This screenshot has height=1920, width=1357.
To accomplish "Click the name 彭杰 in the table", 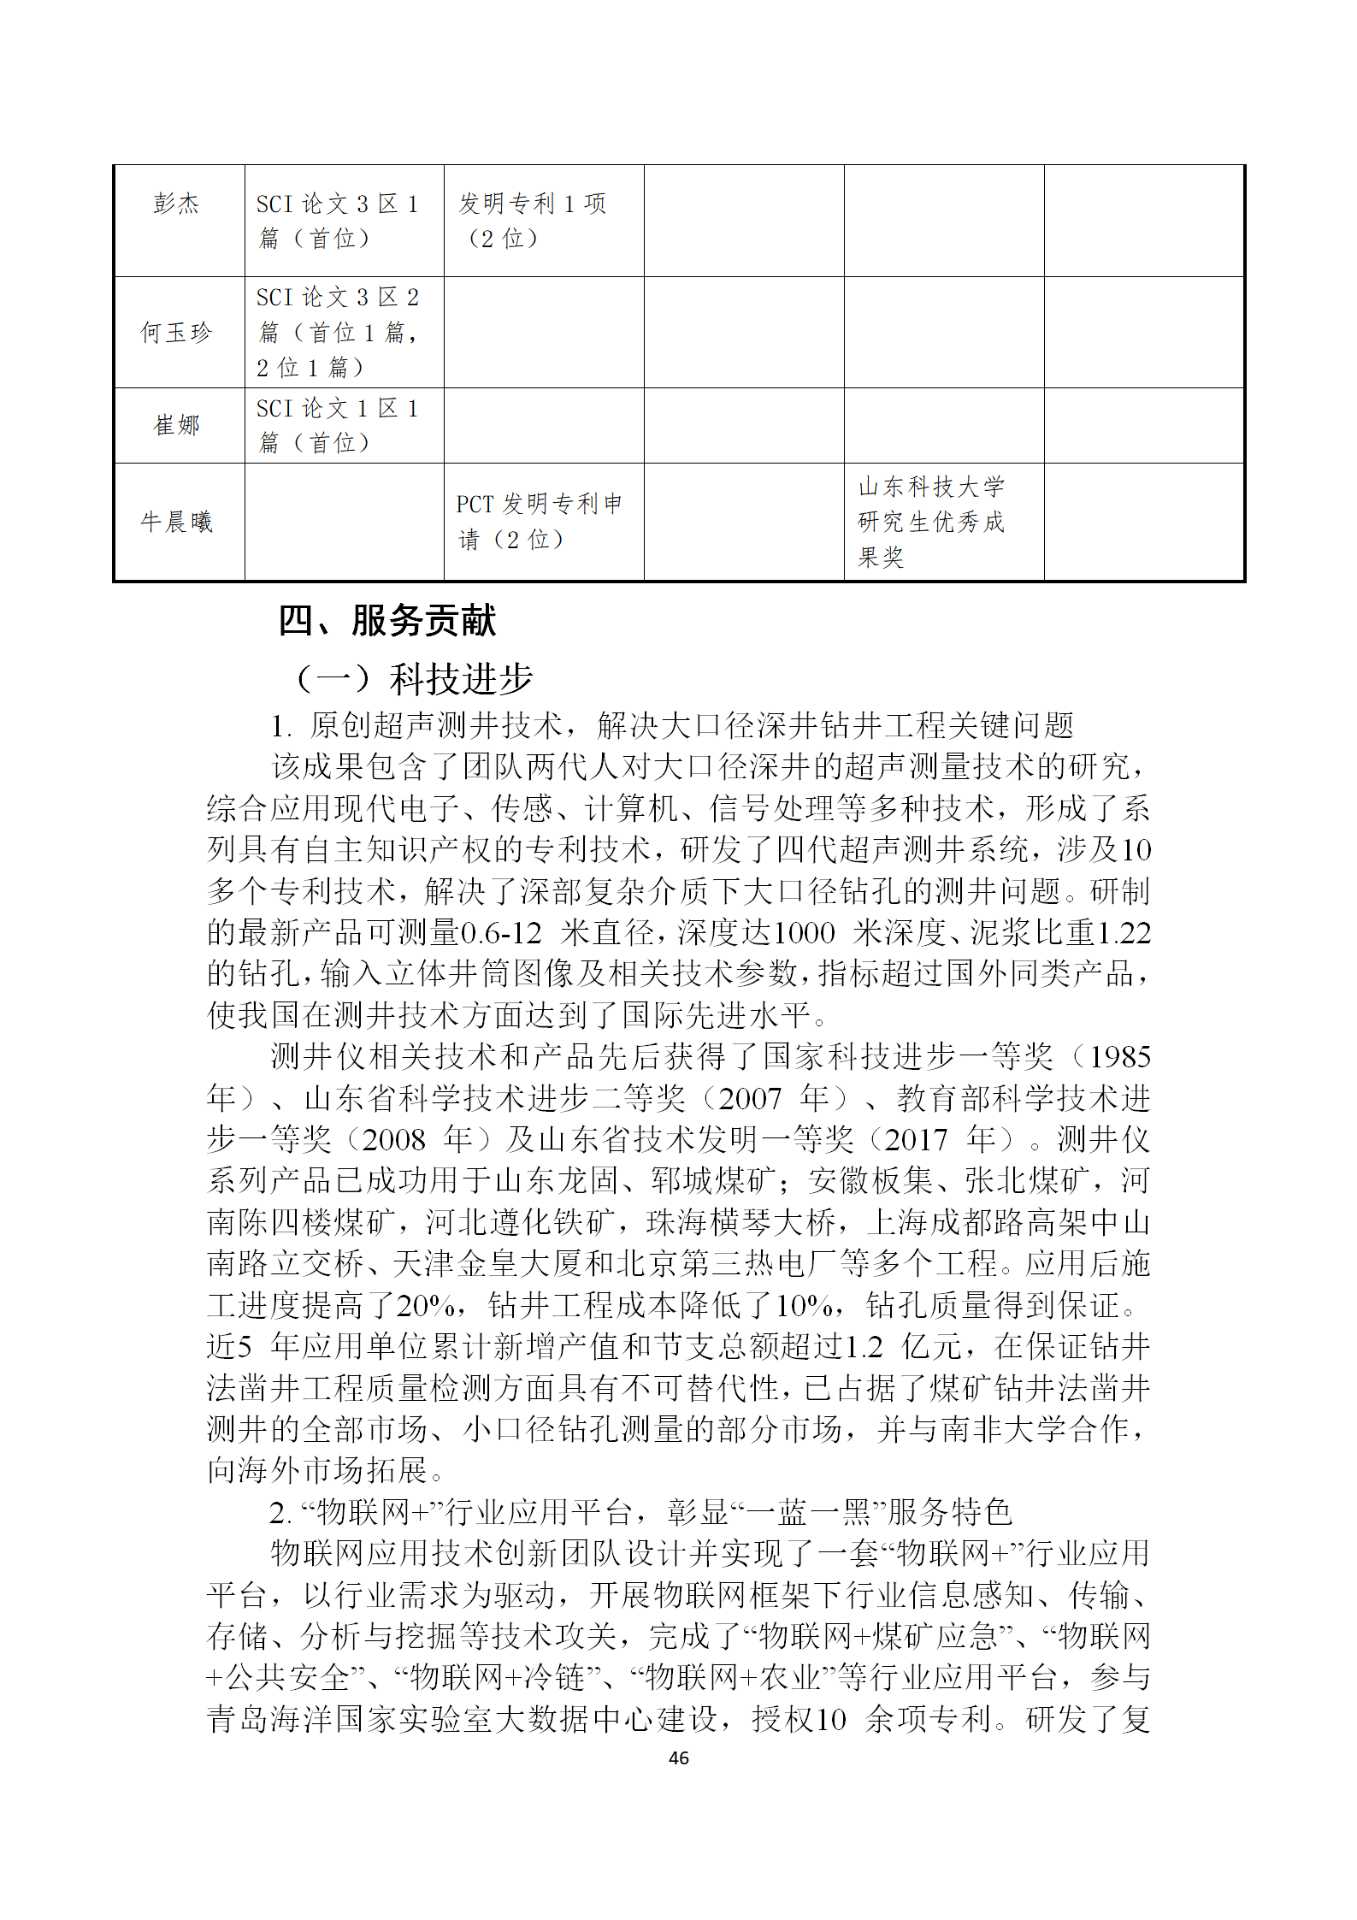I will tap(176, 204).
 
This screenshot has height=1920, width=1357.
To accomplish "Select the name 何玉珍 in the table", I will tap(176, 332).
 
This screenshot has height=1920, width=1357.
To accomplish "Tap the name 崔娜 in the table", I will tap(176, 425).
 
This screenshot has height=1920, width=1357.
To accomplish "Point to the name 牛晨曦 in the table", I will tap(176, 522).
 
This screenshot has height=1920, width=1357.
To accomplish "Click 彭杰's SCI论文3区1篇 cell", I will tap(338, 221).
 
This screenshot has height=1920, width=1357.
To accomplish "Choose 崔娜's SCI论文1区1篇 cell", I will tap(338, 425).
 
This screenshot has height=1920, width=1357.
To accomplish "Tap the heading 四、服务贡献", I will tap(386, 620).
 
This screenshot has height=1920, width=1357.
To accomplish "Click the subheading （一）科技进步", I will tap(414, 679).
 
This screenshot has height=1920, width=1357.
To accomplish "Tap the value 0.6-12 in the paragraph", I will tap(501, 932).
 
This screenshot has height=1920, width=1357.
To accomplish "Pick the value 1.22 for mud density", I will tap(1124, 932).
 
